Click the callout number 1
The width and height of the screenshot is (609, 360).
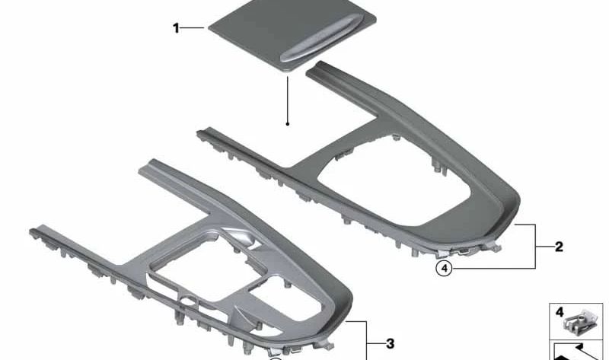pos(176,29)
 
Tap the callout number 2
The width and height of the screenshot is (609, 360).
pos(559,247)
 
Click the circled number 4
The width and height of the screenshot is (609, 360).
pos(443,267)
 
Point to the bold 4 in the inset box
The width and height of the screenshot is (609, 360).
pos(558,312)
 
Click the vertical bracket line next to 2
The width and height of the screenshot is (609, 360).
pos(536,247)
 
